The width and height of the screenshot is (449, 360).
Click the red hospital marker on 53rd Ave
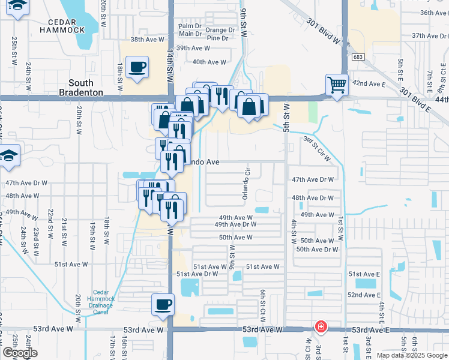coord(322,327)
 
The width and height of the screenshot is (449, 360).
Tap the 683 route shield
coord(358,57)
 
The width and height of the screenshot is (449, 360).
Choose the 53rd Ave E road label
coord(372,330)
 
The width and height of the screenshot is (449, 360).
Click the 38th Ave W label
coord(147,40)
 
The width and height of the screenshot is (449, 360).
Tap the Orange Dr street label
coord(220,30)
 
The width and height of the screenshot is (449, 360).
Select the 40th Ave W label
coord(209,62)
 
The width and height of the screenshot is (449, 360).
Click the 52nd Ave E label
coord(364,295)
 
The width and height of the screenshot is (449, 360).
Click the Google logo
coord(20,353)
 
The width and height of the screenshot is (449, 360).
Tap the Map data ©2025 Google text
coord(411,355)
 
